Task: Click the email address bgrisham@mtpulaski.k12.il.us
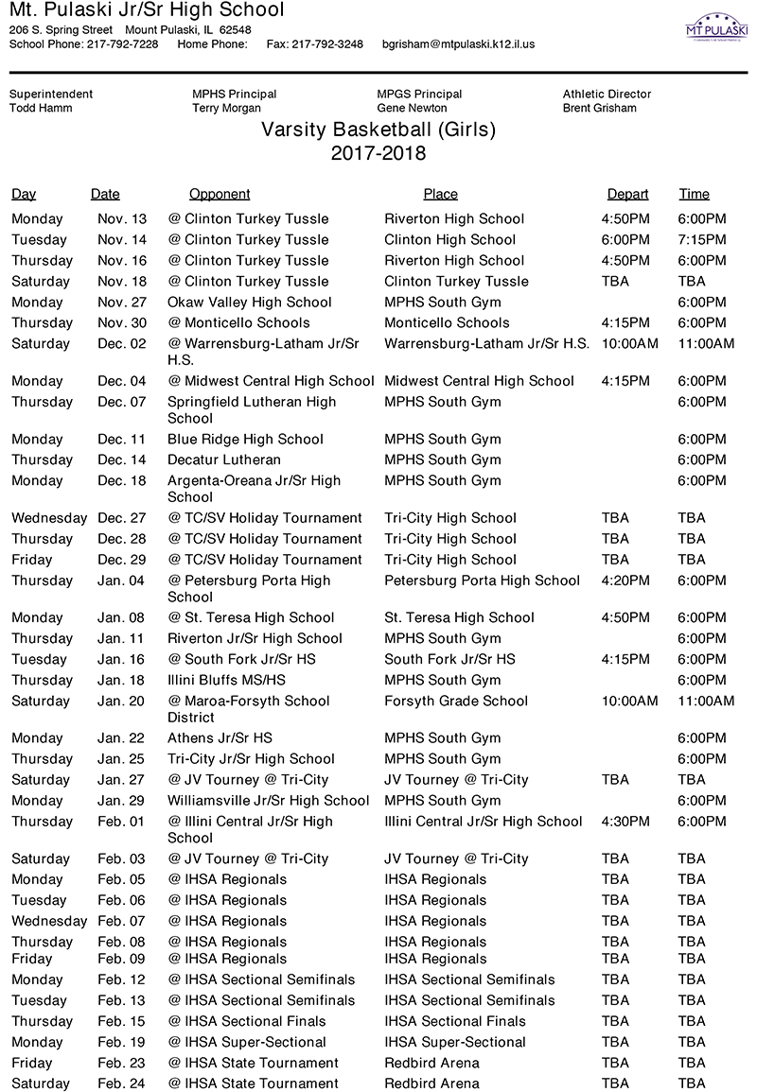[458, 43]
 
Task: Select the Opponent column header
[220, 194]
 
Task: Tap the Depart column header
[627, 194]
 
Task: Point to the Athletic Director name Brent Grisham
[599, 108]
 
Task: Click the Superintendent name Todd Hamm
[41, 108]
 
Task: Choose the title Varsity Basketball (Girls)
[378, 130]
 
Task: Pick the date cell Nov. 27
[122, 302]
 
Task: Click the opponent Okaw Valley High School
[250, 302]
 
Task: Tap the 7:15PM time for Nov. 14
[702, 239]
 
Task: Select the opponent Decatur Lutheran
[224, 459]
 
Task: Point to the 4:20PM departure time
[625, 580]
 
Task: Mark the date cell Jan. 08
[122, 617]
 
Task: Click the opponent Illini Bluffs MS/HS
[226, 680]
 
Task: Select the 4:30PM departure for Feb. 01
[625, 821]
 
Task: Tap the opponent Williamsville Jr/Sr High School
[269, 800]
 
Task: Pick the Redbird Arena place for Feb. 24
[431, 1083]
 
